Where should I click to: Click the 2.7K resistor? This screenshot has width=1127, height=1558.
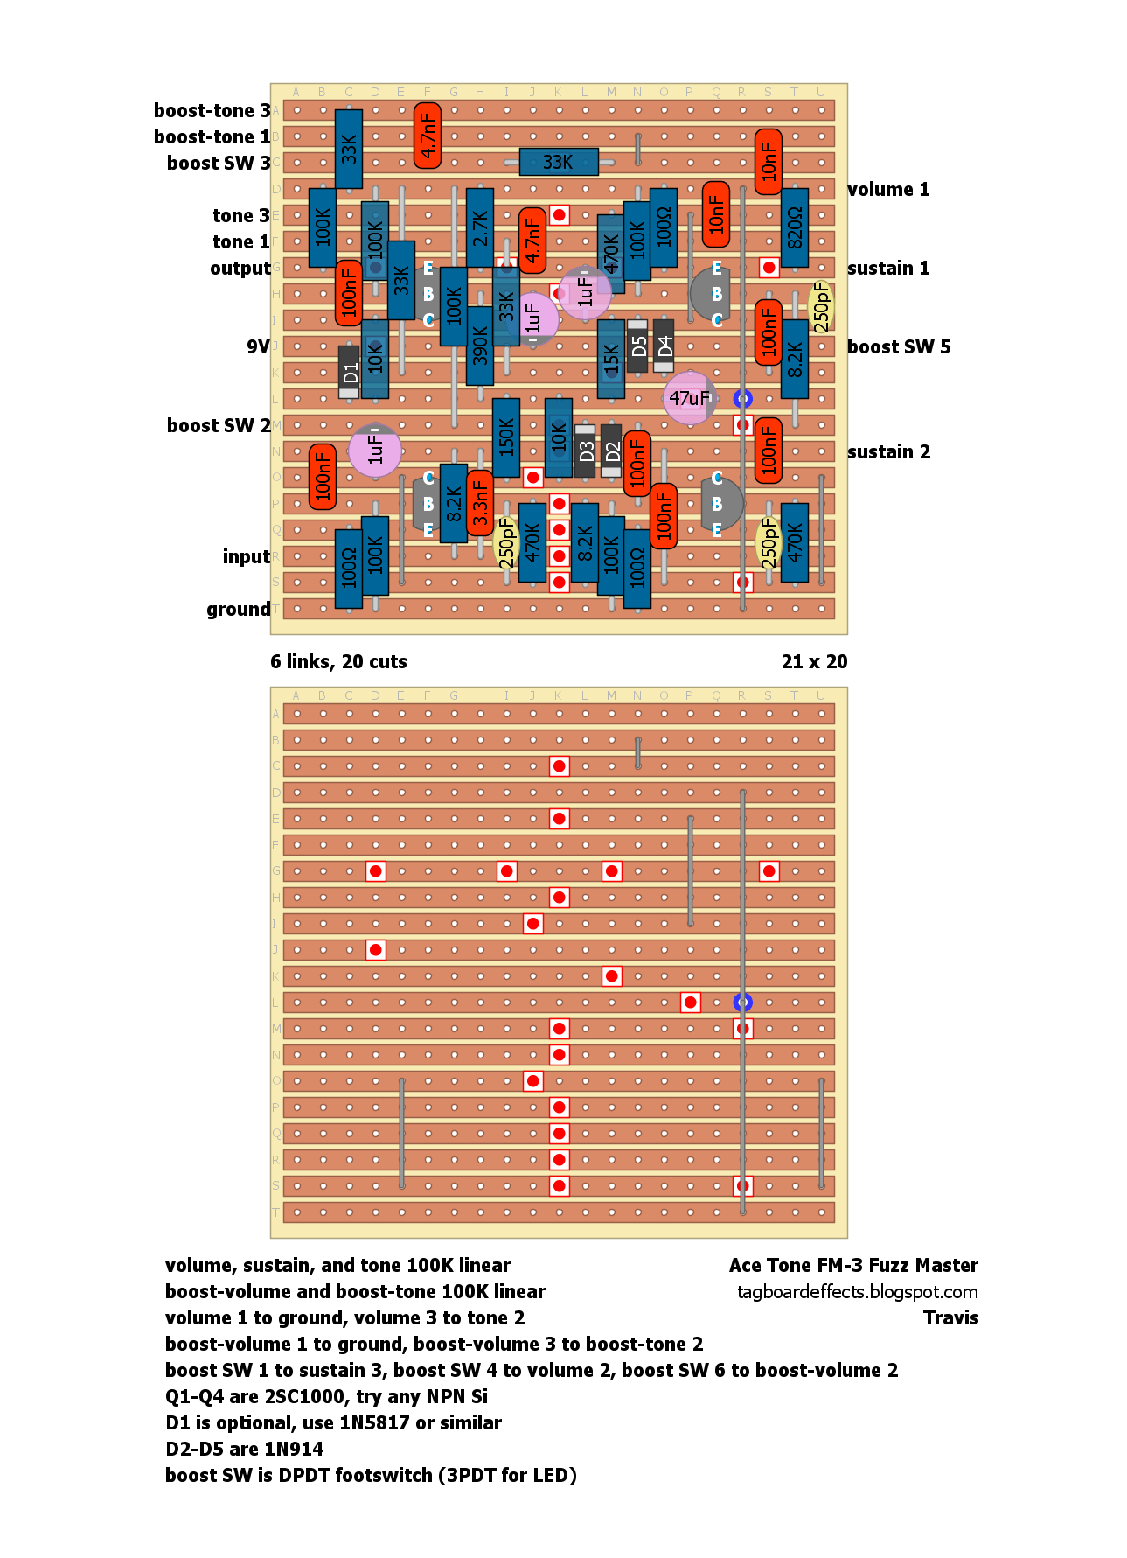coord(480,227)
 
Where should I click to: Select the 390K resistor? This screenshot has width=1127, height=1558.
coord(480,346)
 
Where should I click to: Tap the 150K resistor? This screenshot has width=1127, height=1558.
coord(506,437)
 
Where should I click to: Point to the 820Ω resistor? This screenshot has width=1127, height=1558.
coord(795,227)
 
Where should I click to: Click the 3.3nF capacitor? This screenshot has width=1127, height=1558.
coord(480,502)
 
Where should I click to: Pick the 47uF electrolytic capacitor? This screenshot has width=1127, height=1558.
coord(690,398)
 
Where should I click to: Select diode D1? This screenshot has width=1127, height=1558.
coord(349,372)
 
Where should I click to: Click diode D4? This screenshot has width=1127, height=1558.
coord(664,346)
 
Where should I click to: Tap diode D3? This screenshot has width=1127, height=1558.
coord(585,451)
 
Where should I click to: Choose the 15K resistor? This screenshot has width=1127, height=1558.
coord(611,359)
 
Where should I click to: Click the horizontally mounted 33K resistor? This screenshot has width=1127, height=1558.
coord(559,162)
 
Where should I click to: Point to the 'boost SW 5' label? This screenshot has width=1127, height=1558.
coord(899,346)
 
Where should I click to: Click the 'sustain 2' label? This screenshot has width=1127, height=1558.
coord(888,451)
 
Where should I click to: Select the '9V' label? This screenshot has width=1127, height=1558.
coord(258,346)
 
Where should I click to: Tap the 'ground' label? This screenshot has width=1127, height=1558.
coord(238,610)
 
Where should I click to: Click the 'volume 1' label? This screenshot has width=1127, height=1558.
coord(888,189)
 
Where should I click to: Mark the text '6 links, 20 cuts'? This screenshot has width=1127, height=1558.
coord(338,661)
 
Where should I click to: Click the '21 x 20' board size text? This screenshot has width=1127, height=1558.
coord(814,661)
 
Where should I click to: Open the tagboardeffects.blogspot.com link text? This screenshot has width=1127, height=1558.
coord(857,1292)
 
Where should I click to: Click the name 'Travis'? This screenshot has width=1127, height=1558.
coord(950,1317)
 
